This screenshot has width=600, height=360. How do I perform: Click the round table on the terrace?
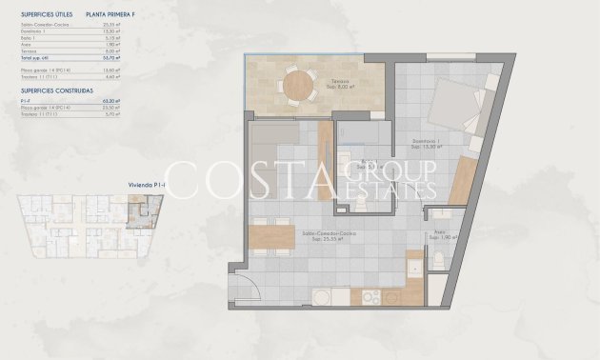297,87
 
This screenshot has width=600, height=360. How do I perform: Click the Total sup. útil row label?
36,58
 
